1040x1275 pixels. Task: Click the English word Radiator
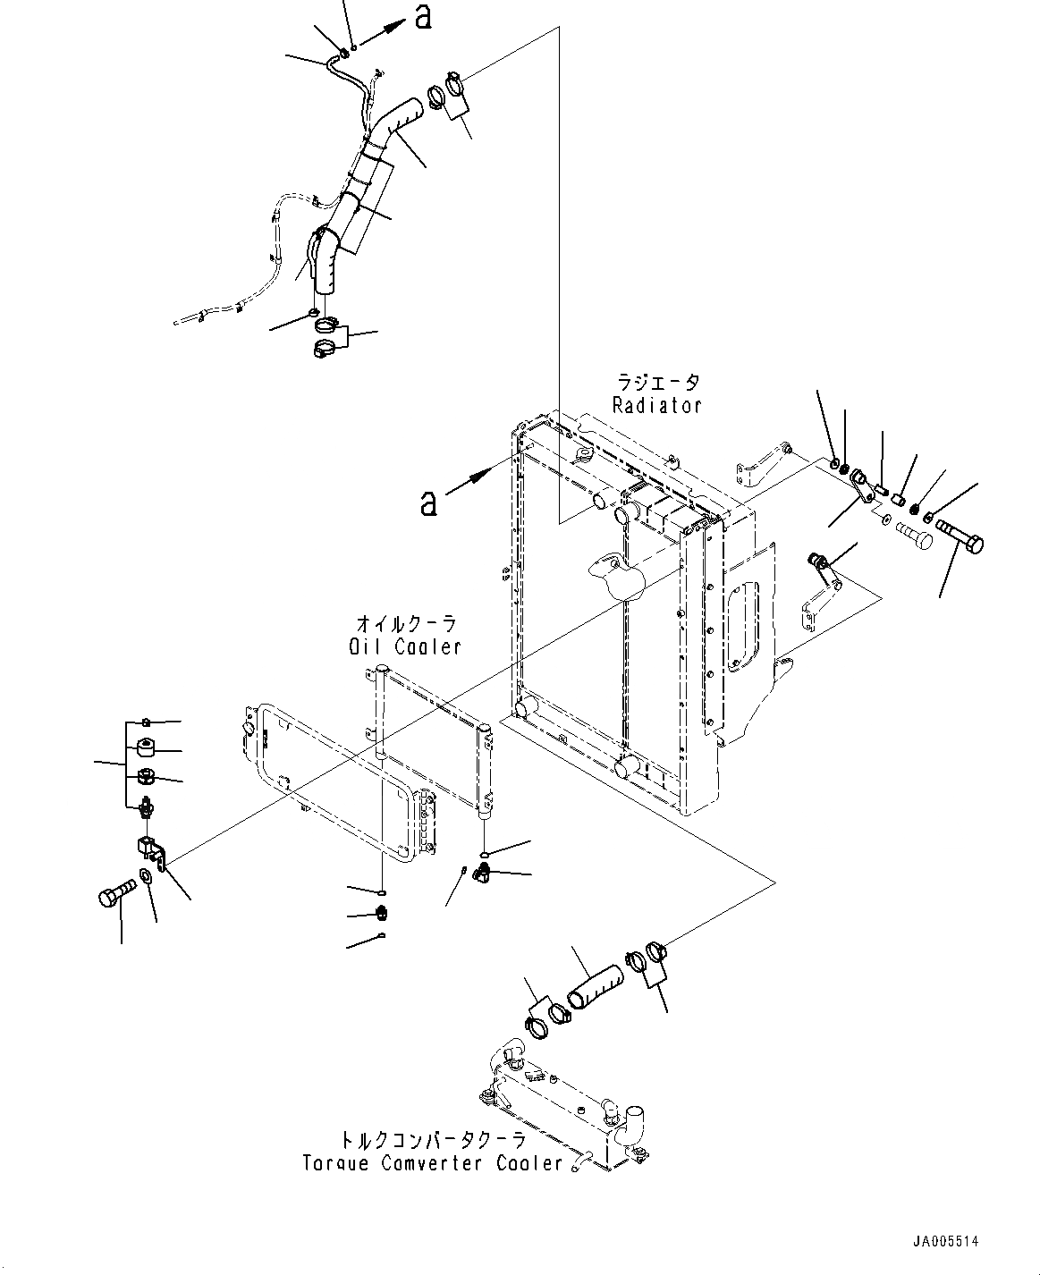656,405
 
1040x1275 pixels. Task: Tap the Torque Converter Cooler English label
433,1163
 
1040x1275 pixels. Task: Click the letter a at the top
423,16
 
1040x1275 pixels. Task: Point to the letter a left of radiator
429,503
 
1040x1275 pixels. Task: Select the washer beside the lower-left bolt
145,876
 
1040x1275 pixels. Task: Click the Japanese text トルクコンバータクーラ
431,1141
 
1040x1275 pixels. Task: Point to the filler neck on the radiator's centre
615,575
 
